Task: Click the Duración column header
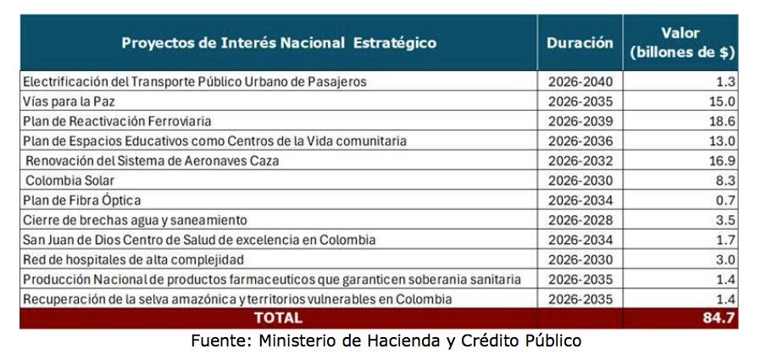click(x=580, y=42)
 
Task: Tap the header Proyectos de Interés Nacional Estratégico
click(x=279, y=42)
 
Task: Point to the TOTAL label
click(x=279, y=318)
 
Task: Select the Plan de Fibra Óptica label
click(x=81, y=201)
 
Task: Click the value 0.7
click(x=726, y=201)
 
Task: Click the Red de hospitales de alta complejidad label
click(x=133, y=260)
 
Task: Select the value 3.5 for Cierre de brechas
click(x=726, y=220)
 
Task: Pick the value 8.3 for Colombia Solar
click(x=726, y=180)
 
